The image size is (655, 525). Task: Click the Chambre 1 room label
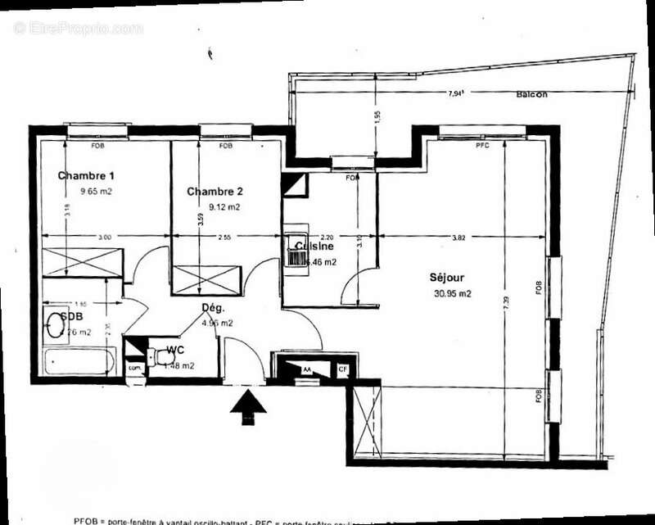coord(86,175)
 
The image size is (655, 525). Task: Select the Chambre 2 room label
coord(215,192)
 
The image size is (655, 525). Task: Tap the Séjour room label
coord(450,278)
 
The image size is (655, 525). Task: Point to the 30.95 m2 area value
coord(453,293)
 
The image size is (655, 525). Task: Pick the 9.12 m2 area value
coord(224,207)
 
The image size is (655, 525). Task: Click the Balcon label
coord(532,94)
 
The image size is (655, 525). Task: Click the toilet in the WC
coord(156,355)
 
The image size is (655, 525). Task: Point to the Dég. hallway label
coord(213,308)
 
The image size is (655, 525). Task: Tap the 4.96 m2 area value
coord(217,323)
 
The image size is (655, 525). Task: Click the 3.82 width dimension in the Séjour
coord(465,238)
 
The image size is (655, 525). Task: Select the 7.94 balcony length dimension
coord(456,94)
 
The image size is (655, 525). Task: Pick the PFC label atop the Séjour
coord(482,146)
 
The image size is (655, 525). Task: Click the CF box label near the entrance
coord(343,370)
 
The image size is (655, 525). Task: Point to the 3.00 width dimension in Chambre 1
coord(105,238)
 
